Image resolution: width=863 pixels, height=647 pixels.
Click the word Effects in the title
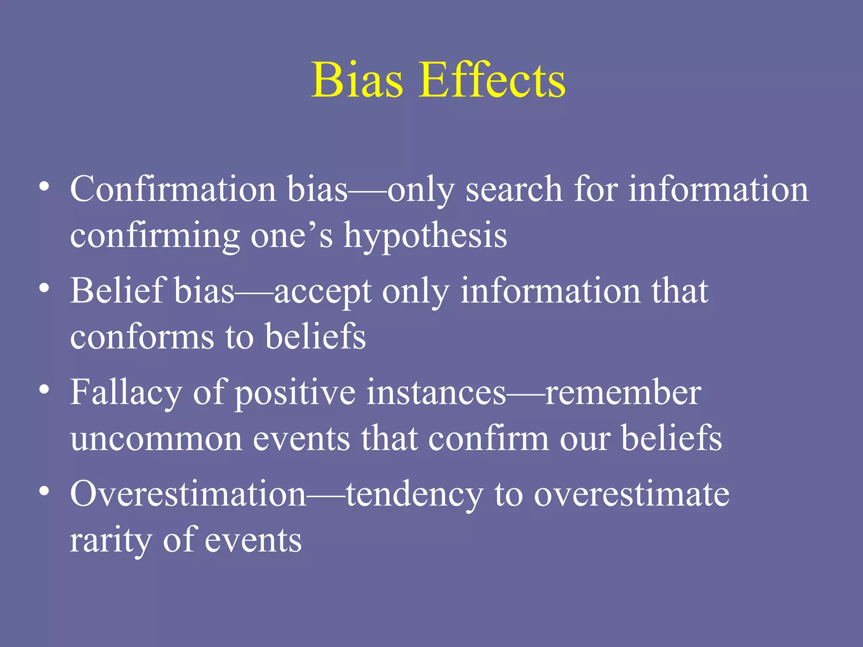point(492,80)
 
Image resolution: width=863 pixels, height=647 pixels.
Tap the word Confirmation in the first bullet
point(173,189)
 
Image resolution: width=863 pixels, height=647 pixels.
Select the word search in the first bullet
point(514,189)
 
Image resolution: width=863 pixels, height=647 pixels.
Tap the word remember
point(623,393)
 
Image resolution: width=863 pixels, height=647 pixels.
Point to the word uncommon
point(156,439)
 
